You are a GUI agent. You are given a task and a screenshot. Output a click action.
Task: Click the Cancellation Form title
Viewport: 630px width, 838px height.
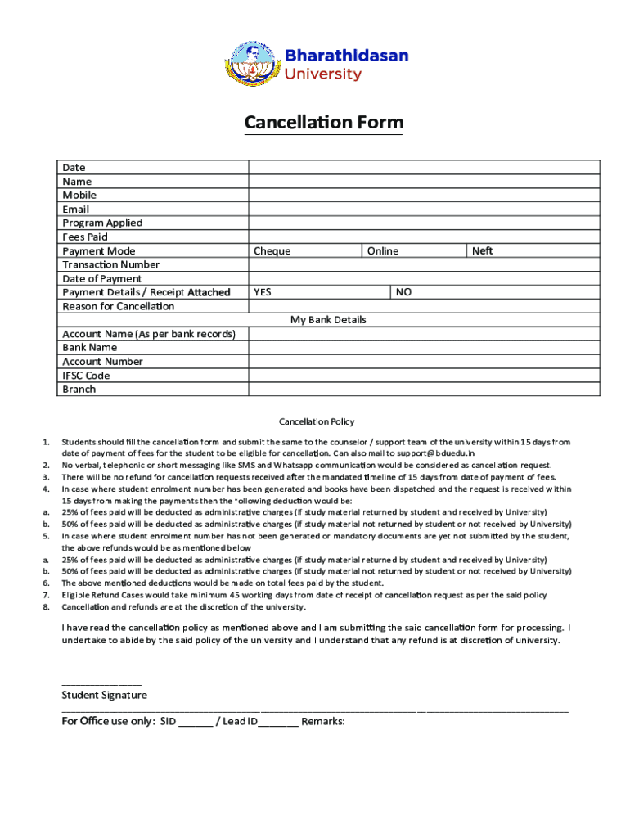323,123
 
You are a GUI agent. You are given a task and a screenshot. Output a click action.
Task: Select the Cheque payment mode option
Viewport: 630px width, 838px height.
272,251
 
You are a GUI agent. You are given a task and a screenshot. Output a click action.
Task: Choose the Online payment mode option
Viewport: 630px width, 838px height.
383,251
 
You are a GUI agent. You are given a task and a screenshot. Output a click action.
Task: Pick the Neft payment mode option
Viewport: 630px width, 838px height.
483,251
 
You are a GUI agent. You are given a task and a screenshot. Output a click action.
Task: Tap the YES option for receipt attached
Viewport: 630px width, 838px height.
263,292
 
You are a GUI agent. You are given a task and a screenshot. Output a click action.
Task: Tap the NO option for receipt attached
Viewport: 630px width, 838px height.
403,292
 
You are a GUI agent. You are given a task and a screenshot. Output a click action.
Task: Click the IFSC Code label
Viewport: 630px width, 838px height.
86,376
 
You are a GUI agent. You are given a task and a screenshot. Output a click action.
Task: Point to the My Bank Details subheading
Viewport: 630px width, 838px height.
328,320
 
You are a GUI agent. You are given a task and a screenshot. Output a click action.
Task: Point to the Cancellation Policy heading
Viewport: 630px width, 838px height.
317,422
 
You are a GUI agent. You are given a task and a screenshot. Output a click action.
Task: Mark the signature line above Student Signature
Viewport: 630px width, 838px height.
101,683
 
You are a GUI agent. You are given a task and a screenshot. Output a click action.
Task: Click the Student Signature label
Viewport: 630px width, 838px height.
105,696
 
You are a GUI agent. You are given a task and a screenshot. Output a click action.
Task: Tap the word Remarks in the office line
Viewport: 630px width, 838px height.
323,722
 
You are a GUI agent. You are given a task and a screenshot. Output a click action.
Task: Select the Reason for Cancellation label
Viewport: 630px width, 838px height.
118,306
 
